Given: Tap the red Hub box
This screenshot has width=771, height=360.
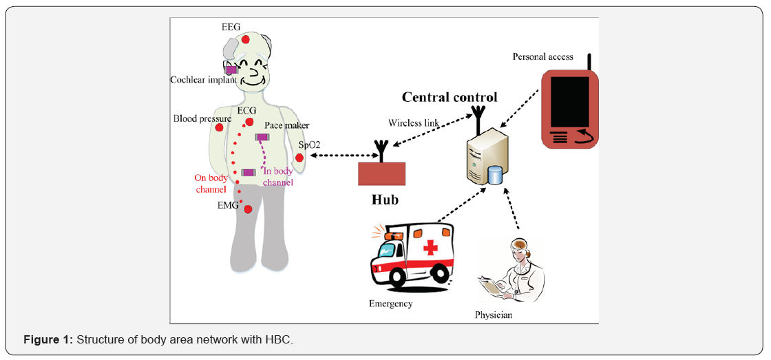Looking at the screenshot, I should [x=381, y=173].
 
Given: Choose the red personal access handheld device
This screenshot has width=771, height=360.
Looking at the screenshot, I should [x=569, y=109].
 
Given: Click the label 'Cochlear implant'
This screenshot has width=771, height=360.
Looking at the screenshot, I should [x=204, y=80].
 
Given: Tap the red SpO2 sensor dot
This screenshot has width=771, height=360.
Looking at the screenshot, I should [x=299, y=158].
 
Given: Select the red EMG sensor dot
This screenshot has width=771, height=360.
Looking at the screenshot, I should [x=248, y=209].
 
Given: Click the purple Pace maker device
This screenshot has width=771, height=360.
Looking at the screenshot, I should [x=262, y=138].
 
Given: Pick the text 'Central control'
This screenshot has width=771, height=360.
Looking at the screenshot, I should [x=450, y=97].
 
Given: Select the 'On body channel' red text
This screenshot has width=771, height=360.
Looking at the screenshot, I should [x=211, y=183].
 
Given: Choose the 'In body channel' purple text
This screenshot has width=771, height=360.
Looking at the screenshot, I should [x=278, y=177].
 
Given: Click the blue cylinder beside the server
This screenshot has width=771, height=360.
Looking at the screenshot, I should [x=494, y=176].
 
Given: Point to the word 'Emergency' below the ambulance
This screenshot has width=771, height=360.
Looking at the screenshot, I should [x=390, y=304].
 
